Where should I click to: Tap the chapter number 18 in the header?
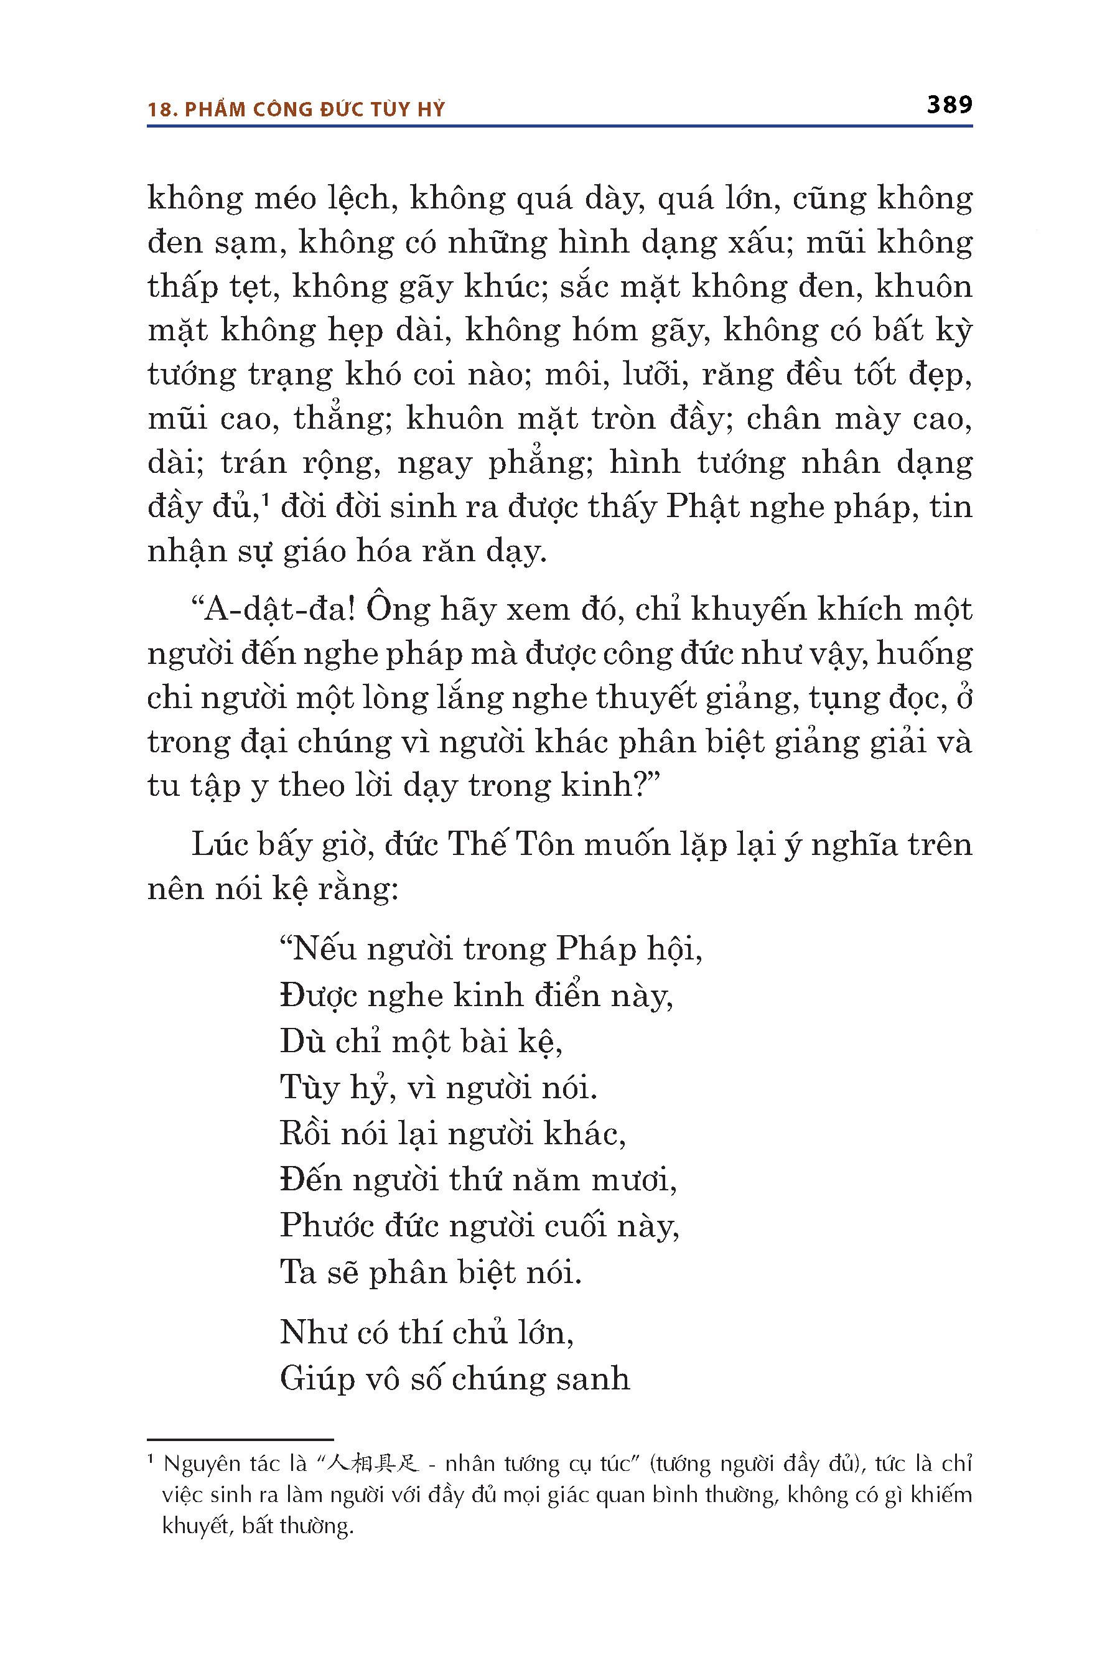[x=161, y=110]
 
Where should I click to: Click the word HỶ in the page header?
[x=431, y=110]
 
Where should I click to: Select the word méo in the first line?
[x=285, y=198]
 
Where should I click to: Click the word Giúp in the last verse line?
[x=317, y=1379]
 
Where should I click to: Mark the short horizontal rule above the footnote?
[x=240, y=1439]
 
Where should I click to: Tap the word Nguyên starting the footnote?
[x=202, y=1465]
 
